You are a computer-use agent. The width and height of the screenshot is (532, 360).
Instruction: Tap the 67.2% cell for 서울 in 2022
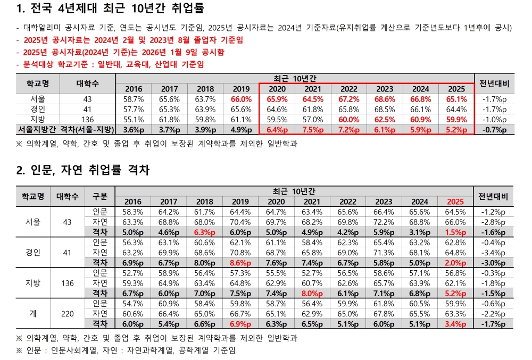[348, 99]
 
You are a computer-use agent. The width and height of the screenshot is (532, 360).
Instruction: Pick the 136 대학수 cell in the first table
[88, 120]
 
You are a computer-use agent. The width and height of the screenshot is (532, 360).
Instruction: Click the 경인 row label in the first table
[38, 109]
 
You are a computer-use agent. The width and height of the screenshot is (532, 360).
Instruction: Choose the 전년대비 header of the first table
[494, 83]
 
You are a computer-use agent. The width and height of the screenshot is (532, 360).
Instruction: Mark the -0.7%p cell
[494, 130]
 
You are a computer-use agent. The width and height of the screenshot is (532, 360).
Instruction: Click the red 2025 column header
[455, 202]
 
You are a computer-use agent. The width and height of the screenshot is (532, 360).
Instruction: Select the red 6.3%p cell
[205, 232]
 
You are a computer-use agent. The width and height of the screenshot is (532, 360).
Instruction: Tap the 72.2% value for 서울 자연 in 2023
[384, 222]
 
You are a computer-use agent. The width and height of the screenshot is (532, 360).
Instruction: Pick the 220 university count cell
[68, 314]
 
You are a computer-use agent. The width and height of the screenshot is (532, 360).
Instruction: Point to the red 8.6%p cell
[240, 262]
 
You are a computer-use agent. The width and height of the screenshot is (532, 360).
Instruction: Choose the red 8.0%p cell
[312, 292]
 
